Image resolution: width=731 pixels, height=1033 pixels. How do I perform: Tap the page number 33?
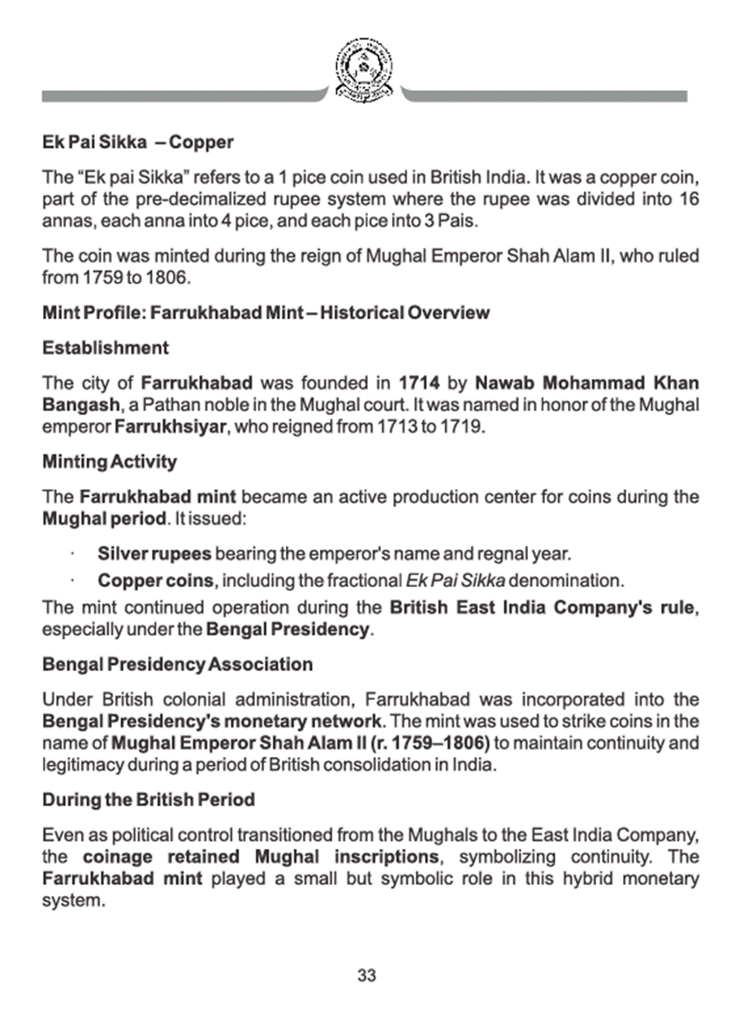pyautogui.click(x=366, y=976)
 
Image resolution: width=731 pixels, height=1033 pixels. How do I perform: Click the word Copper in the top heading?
pyautogui.click(x=201, y=142)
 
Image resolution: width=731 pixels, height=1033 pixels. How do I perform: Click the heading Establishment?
pyautogui.click(x=106, y=348)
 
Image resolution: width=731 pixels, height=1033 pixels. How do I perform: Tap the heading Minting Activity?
pyautogui.click(x=109, y=462)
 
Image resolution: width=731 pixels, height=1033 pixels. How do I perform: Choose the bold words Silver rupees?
pyautogui.click(x=154, y=555)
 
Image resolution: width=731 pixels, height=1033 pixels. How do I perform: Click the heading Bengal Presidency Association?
pyautogui.click(x=177, y=664)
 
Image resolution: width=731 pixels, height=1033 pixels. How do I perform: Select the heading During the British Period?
pyautogui.click(x=149, y=800)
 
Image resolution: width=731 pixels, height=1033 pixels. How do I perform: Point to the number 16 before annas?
pyautogui.click(x=689, y=200)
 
